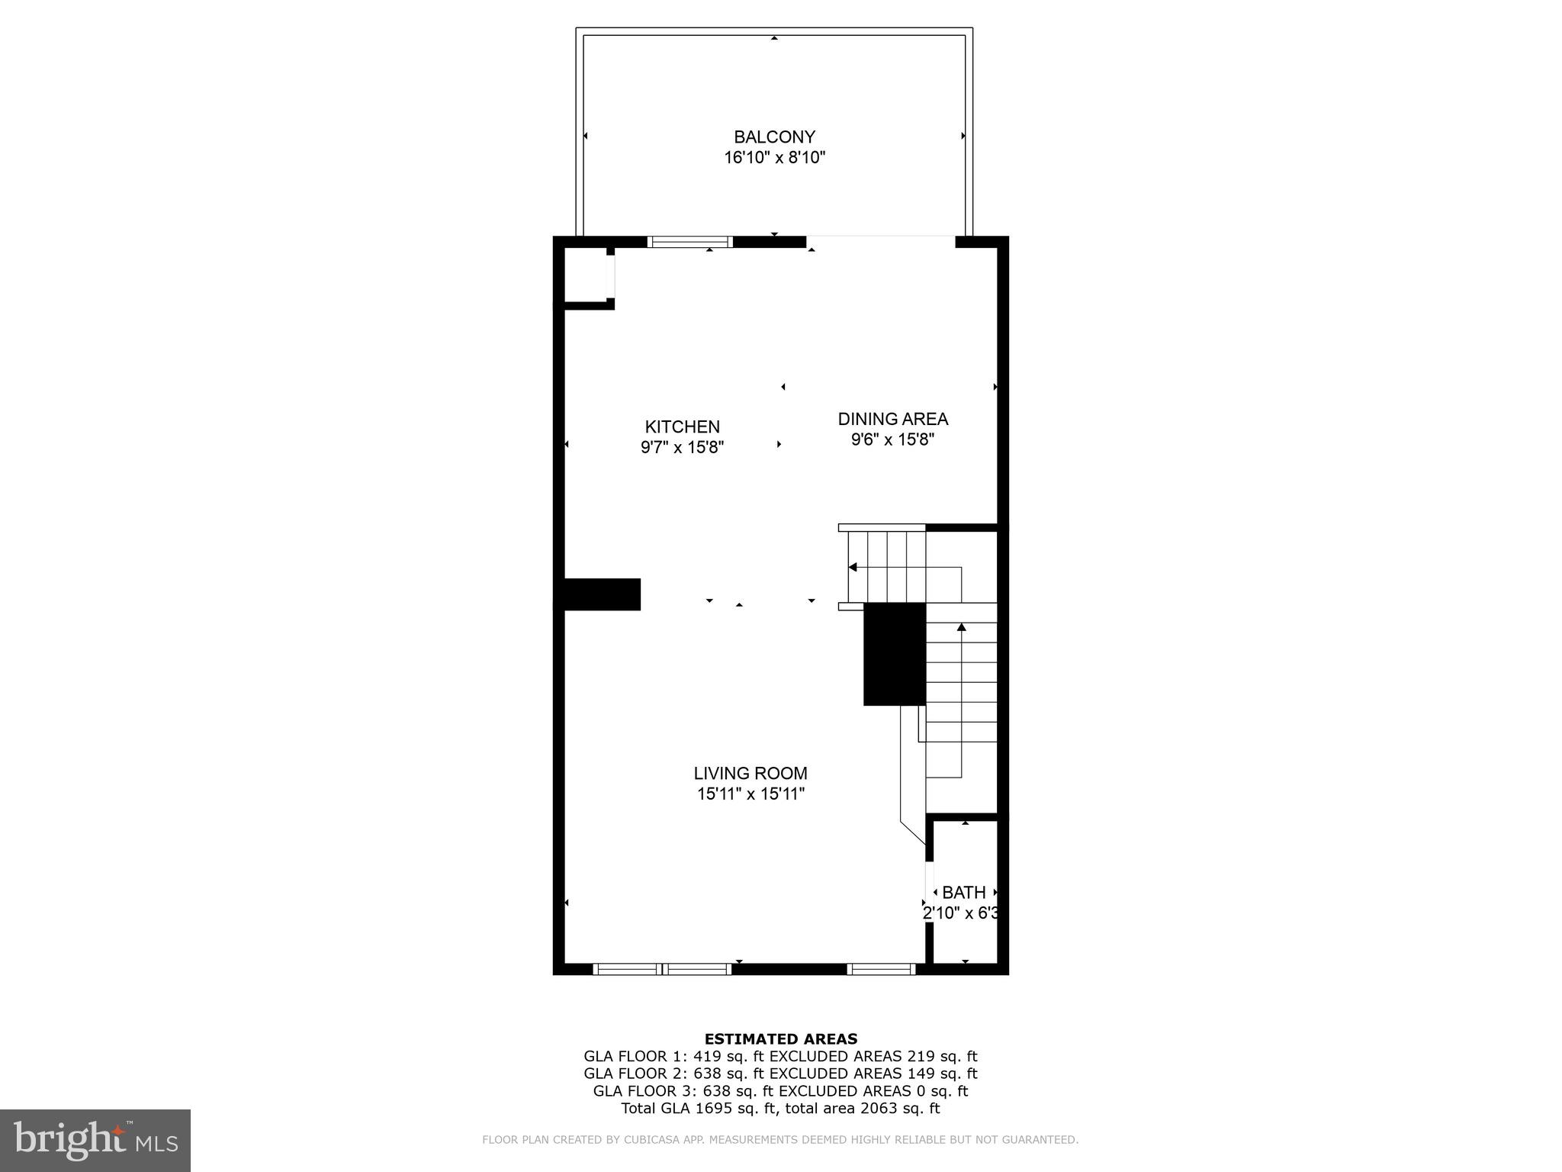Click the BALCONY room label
click(774, 137)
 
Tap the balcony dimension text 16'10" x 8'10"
click(774, 158)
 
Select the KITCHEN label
click(682, 427)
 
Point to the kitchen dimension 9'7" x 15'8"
click(682, 447)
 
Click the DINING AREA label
click(892, 419)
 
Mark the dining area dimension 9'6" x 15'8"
click(892, 439)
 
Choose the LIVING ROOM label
click(750, 773)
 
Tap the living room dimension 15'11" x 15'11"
click(750, 794)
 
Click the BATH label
click(963, 892)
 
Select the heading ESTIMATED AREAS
click(780, 1038)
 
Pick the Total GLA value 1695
click(705, 1109)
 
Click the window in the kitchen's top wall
click(689, 242)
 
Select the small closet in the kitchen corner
click(585, 275)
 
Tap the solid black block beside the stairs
click(894, 654)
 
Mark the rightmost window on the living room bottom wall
click(881, 969)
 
